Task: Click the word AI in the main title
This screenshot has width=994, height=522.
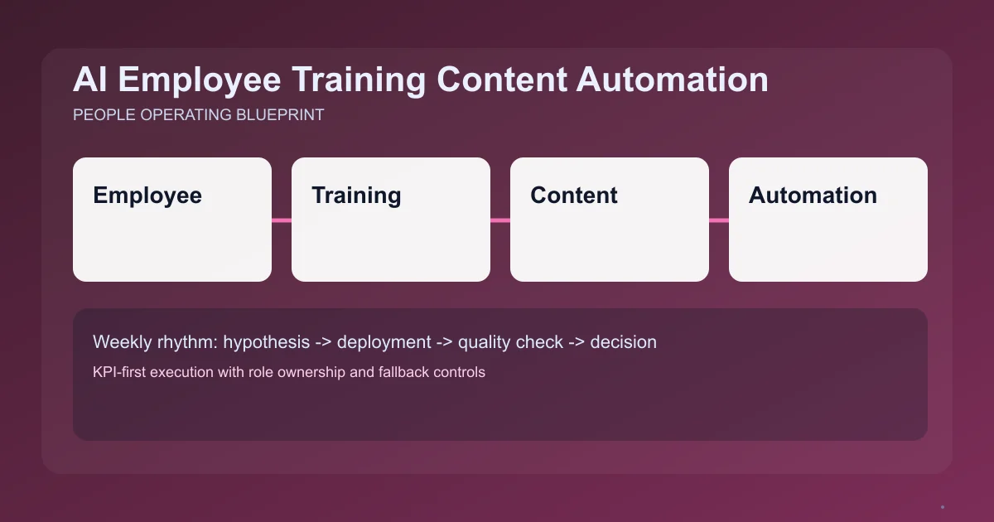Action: click(88, 80)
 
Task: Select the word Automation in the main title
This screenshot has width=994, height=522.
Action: click(672, 80)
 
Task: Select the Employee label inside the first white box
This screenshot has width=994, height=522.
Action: click(147, 196)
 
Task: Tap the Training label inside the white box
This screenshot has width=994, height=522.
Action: click(356, 196)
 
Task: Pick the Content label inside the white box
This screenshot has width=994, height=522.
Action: click(574, 196)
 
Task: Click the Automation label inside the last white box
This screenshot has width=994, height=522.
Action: click(813, 196)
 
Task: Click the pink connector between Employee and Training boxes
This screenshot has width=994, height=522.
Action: click(282, 220)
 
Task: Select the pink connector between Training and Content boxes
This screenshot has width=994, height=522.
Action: click(500, 220)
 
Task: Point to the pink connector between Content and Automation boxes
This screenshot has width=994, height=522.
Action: click(719, 220)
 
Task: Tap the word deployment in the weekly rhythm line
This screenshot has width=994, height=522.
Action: click(384, 342)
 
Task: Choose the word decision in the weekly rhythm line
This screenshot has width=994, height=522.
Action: click(623, 342)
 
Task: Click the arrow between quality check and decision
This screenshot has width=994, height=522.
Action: click(577, 342)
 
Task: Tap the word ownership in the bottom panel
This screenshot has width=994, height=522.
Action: click(314, 372)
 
